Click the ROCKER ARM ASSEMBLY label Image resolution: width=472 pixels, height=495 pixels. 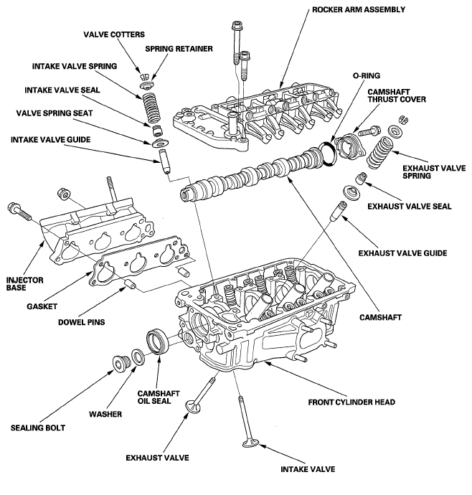[359, 9]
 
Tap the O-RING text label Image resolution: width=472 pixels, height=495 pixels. [367, 76]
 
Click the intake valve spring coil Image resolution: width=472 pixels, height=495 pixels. [151, 108]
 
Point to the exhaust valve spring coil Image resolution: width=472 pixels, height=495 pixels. [379, 152]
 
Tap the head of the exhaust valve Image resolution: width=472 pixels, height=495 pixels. [193, 406]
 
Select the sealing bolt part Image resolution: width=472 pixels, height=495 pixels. [121, 364]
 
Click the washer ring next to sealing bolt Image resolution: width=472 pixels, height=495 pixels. [137, 357]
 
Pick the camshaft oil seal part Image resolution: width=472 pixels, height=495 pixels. [159, 341]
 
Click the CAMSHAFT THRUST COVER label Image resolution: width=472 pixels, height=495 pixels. [397, 95]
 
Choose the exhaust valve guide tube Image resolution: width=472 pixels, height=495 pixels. [339, 211]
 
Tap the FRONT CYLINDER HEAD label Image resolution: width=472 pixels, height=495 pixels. [351, 402]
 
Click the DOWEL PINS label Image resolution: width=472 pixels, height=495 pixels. [82, 322]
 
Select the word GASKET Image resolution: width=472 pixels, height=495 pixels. [42, 306]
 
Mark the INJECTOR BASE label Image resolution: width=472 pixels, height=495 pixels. [24, 284]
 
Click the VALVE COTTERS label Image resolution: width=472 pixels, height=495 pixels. [114, 34]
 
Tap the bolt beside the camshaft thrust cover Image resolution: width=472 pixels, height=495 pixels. [369, 131]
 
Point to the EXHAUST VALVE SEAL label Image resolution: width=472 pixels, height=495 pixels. [410, 207]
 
